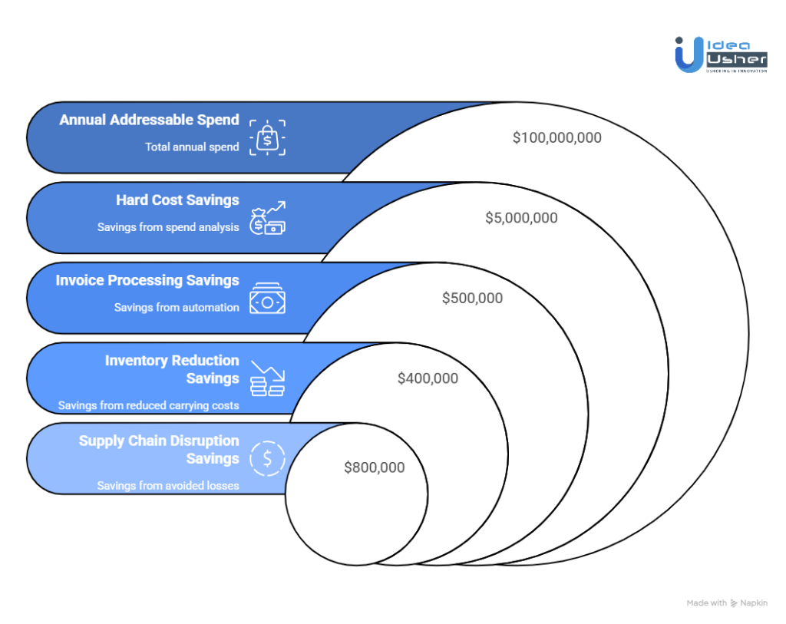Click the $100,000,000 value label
557,138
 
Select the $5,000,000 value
521,218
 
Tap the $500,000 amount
472,299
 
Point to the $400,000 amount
428,378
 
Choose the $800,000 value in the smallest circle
374,467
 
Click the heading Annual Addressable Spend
150,120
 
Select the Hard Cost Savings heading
177,200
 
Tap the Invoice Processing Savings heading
147,280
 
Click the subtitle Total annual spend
192,147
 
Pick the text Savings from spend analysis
168,227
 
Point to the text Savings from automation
177,307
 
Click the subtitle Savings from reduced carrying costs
148,405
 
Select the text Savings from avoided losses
168,485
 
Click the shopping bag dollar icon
267,138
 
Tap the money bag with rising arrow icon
267,218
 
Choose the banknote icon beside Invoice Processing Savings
267,299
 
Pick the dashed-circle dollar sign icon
267,459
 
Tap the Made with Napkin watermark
727,603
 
